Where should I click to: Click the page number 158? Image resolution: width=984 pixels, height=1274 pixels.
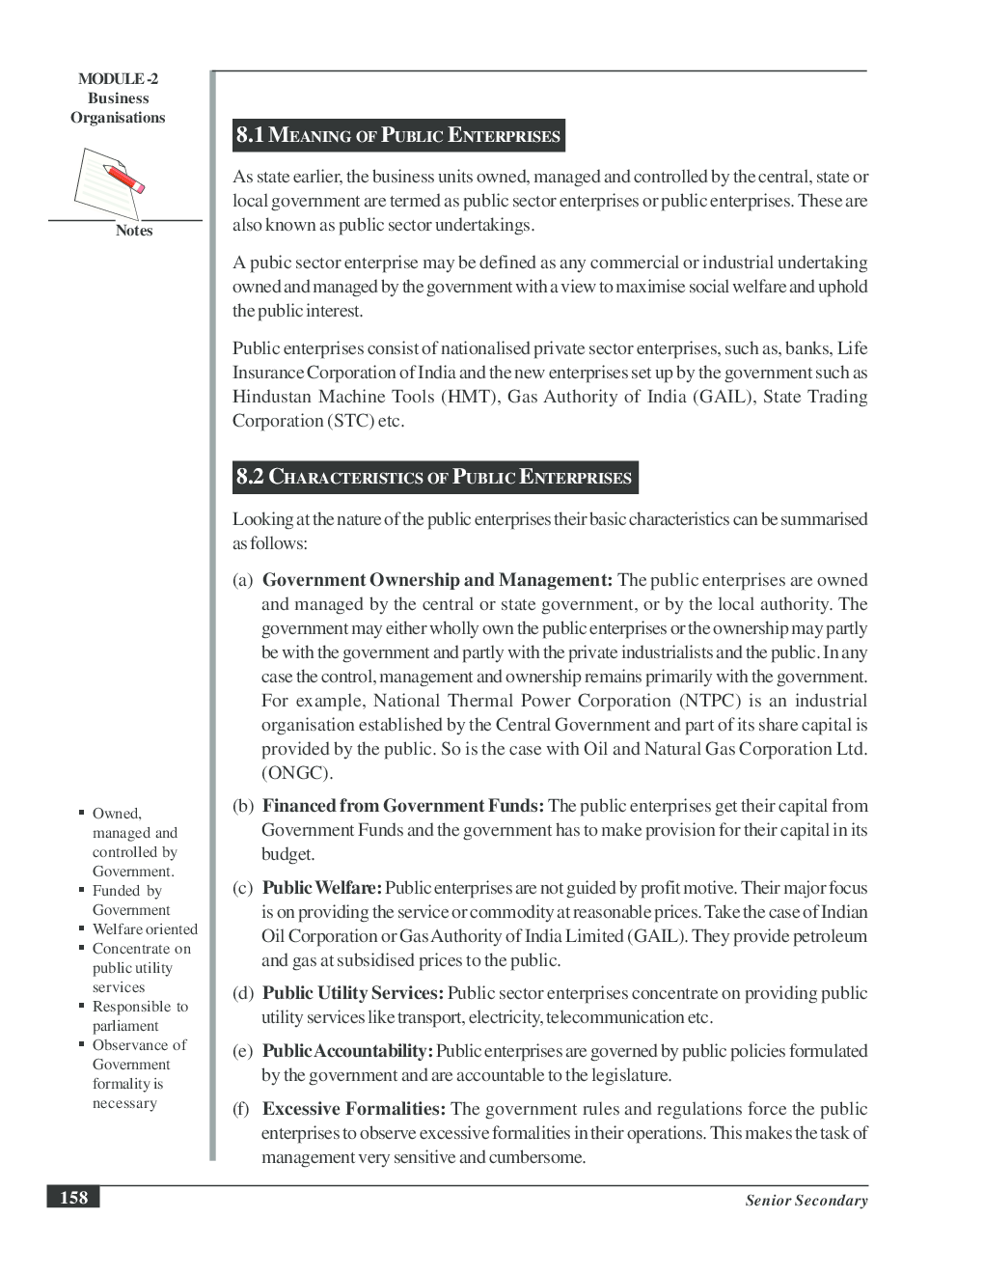(73, 1197)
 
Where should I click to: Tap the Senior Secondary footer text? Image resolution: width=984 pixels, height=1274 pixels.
(806, 1201)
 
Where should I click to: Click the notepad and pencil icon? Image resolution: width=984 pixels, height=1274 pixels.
(107, 180)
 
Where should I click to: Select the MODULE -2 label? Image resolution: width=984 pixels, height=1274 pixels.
(118, 79)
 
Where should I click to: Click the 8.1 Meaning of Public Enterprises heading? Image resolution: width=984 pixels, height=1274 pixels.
(398, 135)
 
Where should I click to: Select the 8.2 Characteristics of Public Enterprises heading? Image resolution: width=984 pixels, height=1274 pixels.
(434, 477)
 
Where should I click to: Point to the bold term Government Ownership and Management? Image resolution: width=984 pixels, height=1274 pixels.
(437, 580)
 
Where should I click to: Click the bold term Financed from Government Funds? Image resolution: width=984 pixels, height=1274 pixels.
(403, 806)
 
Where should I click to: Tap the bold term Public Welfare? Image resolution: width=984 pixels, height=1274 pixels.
(322, 888)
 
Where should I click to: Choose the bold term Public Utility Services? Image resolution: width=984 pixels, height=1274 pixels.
(353, 993)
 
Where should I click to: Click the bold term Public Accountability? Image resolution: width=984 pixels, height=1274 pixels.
(348, 1051)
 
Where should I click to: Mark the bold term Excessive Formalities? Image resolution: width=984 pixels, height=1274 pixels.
(354, 1109)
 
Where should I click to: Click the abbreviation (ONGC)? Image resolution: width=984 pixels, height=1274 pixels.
(297, 773)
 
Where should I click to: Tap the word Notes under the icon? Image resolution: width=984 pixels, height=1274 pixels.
(134, 231)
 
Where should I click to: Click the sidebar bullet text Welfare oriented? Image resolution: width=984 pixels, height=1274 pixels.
(145, 929)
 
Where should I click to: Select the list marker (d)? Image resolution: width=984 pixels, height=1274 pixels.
(243, 993)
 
